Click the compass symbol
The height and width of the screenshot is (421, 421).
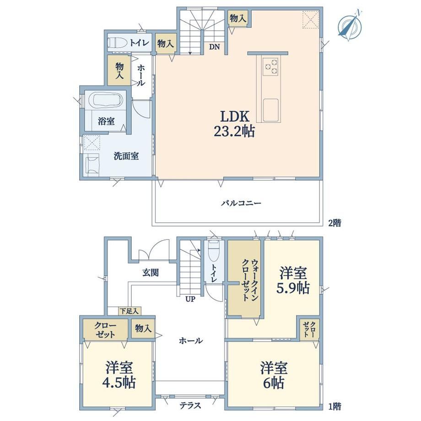[x=350, y=26]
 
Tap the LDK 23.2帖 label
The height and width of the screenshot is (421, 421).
[x=234, y=124]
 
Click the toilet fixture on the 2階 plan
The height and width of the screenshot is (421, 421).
[x=118, y=43]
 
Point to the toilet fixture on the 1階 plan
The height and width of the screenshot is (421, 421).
[x=214, y=251]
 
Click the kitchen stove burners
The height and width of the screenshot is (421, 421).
[x=270, y=67]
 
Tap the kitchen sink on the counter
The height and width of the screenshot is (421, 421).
[x=270, y=110]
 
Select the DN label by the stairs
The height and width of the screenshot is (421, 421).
[x=215, y=47]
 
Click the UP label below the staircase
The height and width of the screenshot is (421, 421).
[x=190, y=299]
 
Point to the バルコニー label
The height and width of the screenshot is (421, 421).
[x=241, y=203]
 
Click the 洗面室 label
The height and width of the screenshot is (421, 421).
[x=126, y=156]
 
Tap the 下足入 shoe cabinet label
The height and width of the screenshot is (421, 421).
[x=129, y=311]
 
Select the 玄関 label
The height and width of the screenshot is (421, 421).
[x=151, y=273]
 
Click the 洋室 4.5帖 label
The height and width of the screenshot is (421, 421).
[x=119, y=375]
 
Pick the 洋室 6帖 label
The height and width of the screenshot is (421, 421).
[x=274, y=375]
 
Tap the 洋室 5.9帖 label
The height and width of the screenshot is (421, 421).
[x=293, y=281]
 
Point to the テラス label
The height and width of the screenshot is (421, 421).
[x=190, y=405]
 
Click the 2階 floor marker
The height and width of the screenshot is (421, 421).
[x=335, y=222]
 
